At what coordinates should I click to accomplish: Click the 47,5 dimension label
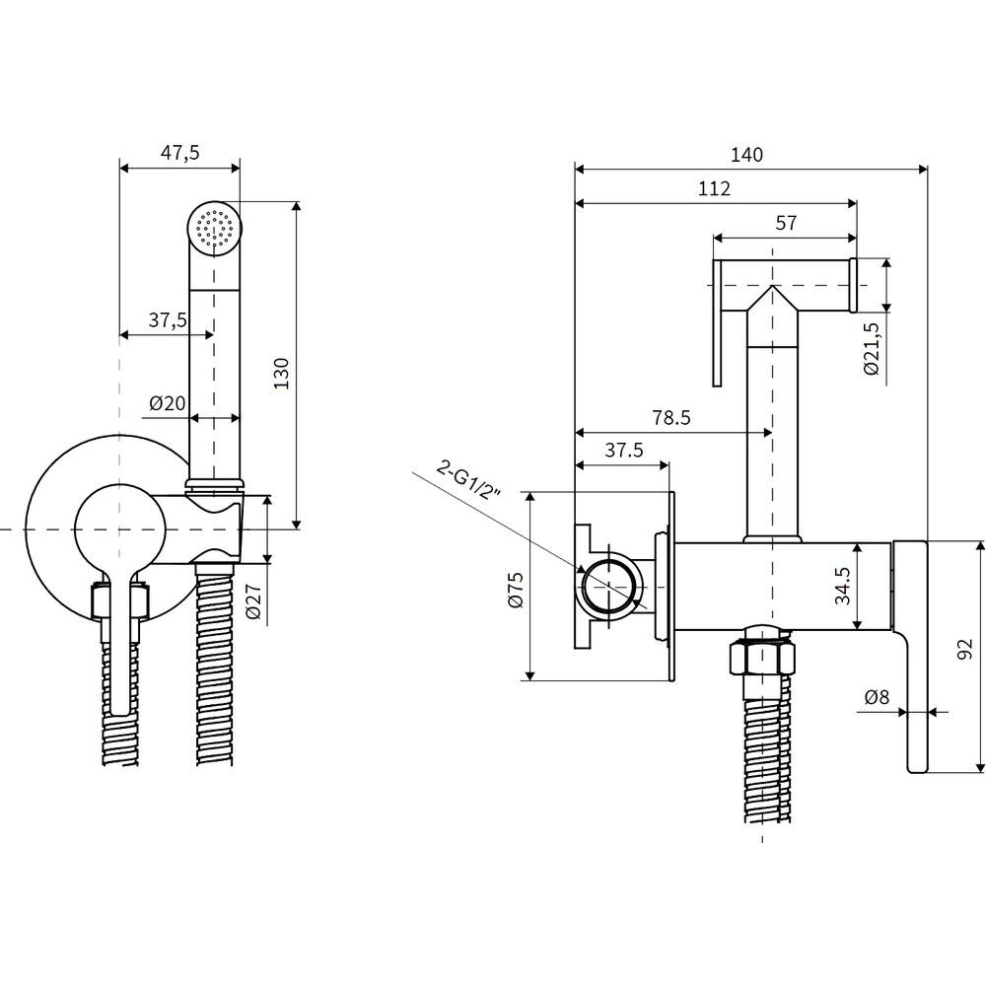click(x=178, y=152)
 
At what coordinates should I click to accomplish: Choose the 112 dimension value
click(x=713, y=188)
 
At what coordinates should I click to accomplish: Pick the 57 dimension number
click(x=785, y=223)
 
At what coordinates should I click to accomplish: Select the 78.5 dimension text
click(x=669, y=418)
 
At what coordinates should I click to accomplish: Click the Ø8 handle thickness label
click(x=876, y=696)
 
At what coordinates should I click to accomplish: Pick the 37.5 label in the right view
click(x=623, y=450)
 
